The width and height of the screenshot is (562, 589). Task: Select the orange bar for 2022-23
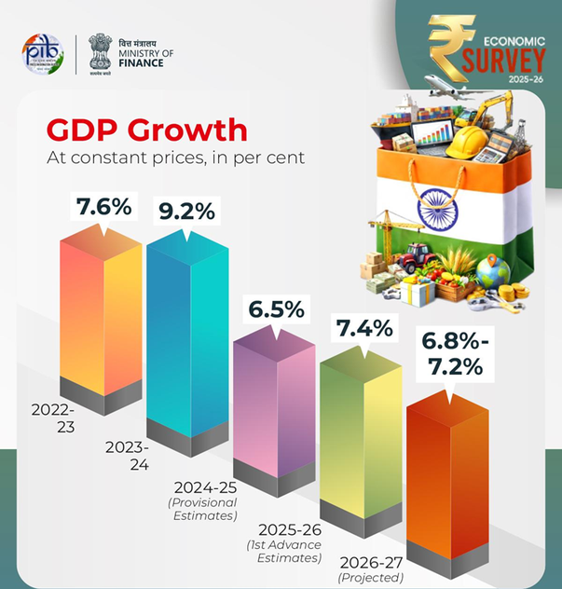click(101, 317)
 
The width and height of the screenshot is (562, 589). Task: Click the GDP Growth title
click(146, 130)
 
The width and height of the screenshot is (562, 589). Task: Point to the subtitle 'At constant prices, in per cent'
click(176, 158)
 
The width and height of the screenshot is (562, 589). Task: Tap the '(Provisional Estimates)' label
click(203, 509)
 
